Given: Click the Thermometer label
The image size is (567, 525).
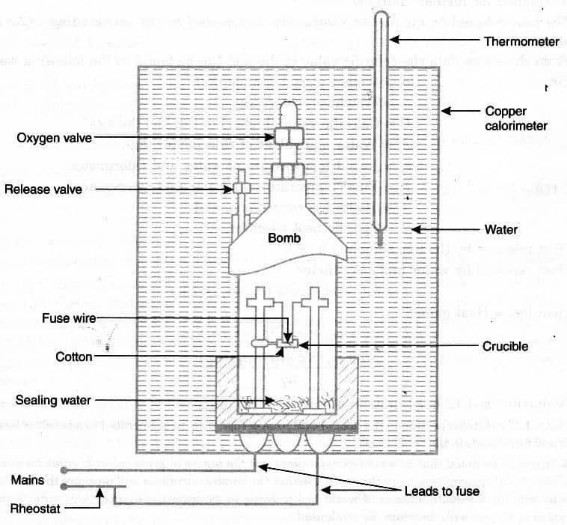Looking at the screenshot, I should coord(522,40).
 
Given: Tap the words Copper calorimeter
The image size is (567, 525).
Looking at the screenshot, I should coord(516,118).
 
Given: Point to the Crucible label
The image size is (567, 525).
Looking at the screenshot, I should coord(505,346).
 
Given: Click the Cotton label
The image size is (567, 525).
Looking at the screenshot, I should coord(74,357).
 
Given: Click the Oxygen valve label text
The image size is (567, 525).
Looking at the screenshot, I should coord(53,138).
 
